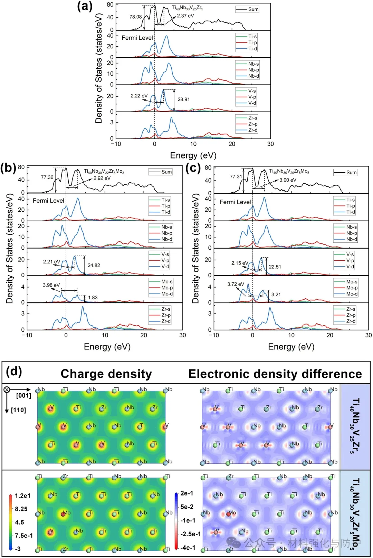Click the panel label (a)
tap(85, 6)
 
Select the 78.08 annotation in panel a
tap(135, 17)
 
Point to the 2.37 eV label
tap(185, 16)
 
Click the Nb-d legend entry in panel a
tap(253, 76)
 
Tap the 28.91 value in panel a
tap(183, 99)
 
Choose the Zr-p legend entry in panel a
tap(252, 124)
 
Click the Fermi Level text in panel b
tap(48, 201)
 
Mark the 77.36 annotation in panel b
tap(47, 177)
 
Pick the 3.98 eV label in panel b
tap(51, 285)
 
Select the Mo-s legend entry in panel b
tap(167, 282)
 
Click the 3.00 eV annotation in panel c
tap(288, 180)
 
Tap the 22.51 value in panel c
tap(275, 267)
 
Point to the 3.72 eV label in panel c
tap(236, 284)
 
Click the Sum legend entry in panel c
tap(351, 172)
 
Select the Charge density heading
tap(106, 374)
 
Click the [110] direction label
tap(18, 410)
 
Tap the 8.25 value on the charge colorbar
tap(21, 509)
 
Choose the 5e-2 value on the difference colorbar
tap(187, 507)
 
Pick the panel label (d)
tap(14, 372)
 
